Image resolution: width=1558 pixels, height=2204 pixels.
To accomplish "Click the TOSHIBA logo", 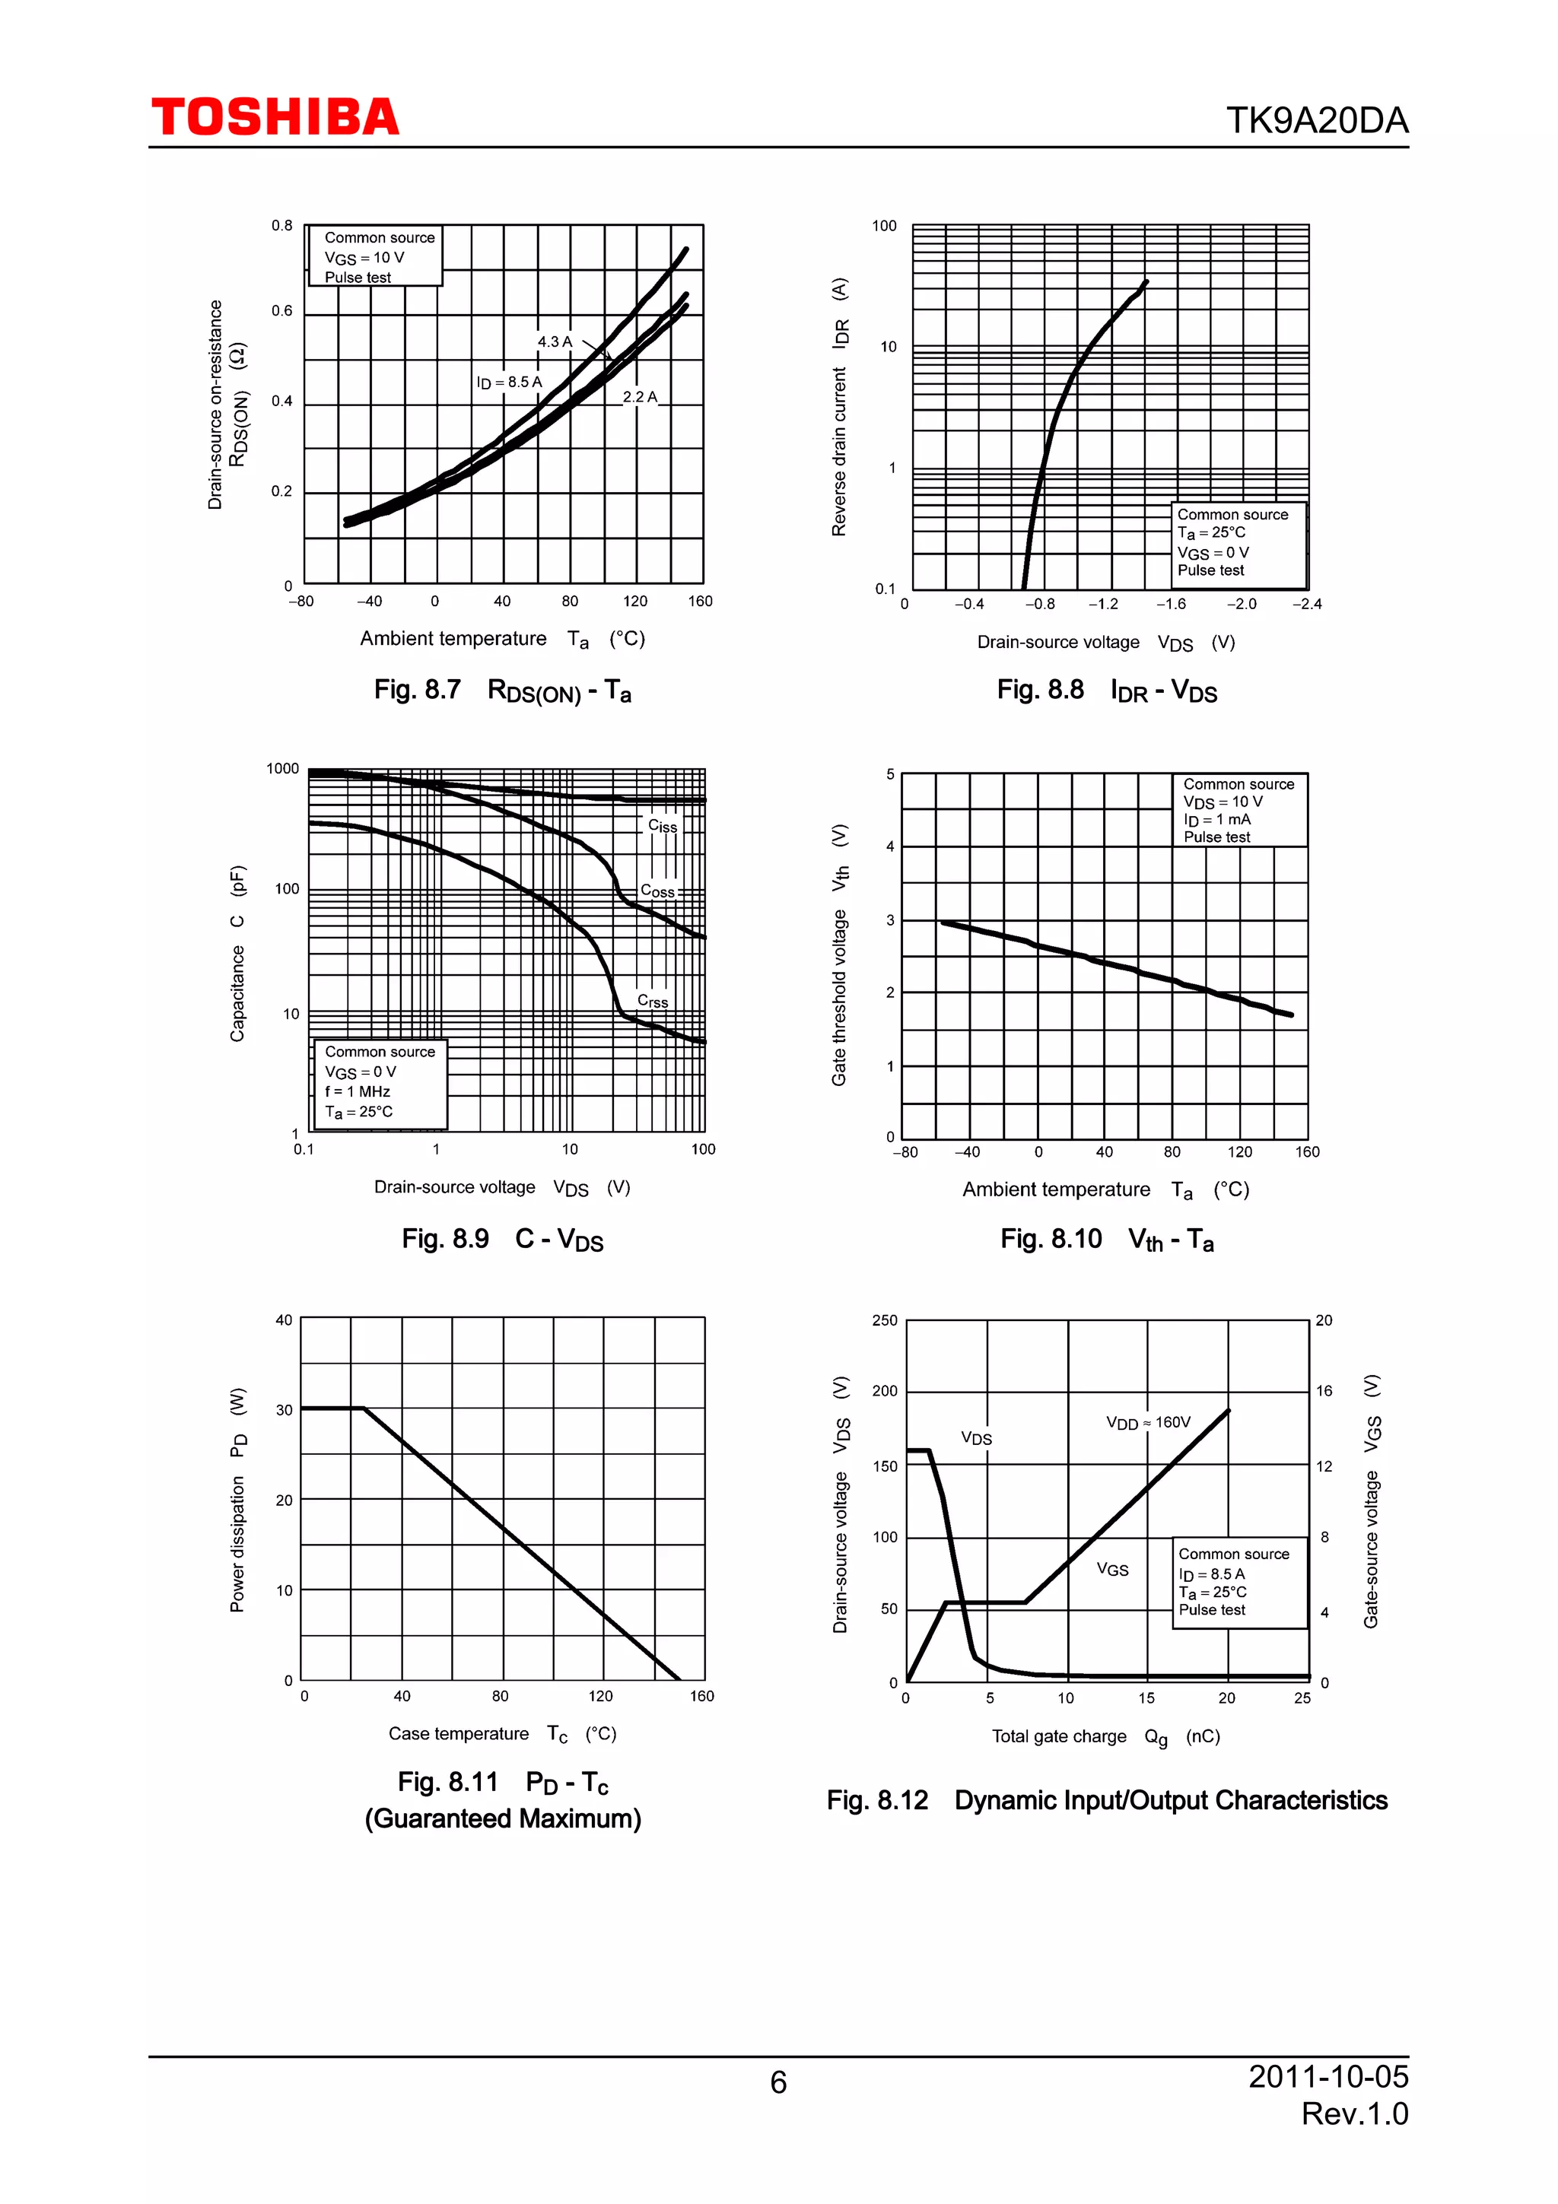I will (x=275, y=117).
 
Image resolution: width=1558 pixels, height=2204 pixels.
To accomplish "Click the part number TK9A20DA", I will (x=1316, y=121).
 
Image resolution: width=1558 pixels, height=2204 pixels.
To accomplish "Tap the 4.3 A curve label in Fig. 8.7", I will (x=555, y=341).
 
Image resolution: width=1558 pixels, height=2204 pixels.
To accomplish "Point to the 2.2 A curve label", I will (x=639, y=396).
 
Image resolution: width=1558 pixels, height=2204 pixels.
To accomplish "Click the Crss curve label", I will (x=653, y=1001).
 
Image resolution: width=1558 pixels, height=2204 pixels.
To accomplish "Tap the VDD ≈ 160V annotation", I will (x=1148, y=1423).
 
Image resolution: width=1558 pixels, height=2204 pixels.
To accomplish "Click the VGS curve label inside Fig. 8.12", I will (x=1112, y=1570).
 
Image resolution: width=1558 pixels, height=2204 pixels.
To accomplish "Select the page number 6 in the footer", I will (x=778, y=2082).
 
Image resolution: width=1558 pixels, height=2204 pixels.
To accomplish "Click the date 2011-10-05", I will (x=1327, y=2076).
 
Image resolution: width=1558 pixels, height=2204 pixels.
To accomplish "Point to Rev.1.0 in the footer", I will (x=1354, y=2113).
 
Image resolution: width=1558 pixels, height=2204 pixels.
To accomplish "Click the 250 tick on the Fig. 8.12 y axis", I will (x=884, y=1320).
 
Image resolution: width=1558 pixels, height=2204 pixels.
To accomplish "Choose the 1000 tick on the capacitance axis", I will (x=282, y=768).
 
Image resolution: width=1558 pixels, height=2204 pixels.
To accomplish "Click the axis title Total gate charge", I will (x=1059, y=1736).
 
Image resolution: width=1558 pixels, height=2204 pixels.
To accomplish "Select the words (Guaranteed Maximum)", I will (x=502, y=1818).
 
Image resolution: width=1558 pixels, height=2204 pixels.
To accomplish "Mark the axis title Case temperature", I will (x=459, y=1734).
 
